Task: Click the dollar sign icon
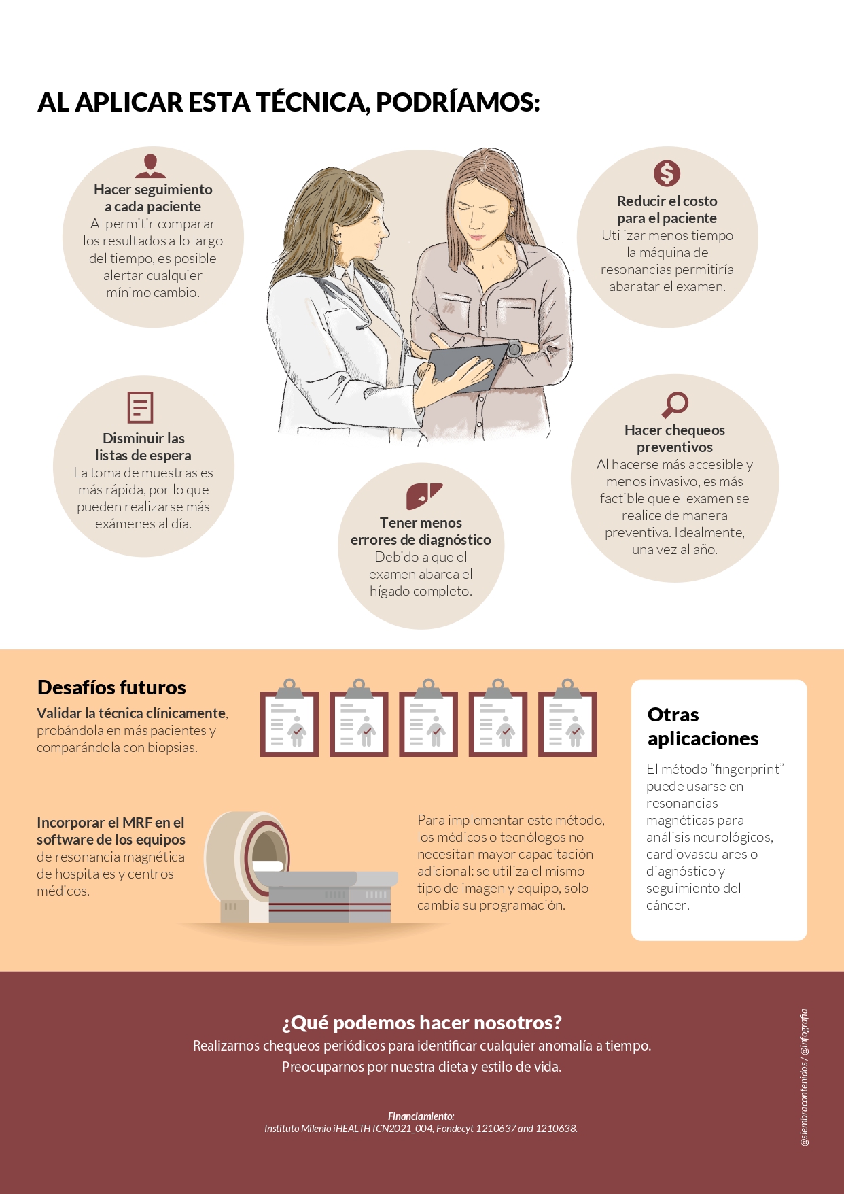click(x=667, y=173)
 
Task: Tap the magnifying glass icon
click(x=675, y=404)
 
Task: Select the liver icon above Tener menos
click(x=423, y=496)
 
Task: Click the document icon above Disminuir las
click(x=140, y=407)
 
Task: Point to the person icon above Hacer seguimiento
click(x=150, y=165)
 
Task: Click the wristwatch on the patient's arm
click(x=514, y=349)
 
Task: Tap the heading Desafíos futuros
click(x=111, y=687)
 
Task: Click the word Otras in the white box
click(x=673, y=715)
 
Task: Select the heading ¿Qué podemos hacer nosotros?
click(x=422, y=1023)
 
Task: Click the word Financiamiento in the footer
click(x=421, y=1116)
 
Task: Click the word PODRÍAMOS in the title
click(x=457, y=103)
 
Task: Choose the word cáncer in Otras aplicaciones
click(x=667, y=905)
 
